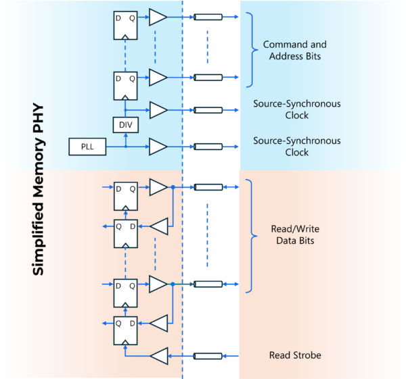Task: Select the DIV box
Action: (x=125, y=125)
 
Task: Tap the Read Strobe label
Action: (x=295, y=355)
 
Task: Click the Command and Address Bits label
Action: (x=295, y=50)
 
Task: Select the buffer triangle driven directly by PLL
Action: (x=158, y=146)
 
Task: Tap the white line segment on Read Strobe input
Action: (x=208, y=355)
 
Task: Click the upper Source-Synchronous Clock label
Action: (x=296, y=109)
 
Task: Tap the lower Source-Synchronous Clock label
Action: (x=296, y=146)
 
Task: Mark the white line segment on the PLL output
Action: (x=208, y=146)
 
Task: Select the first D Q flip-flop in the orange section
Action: (x=125, y=196)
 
